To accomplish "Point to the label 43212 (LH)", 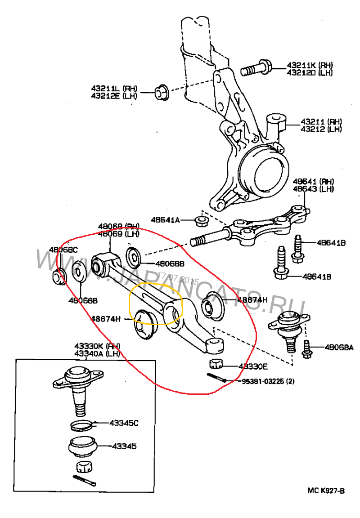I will coord(321,129).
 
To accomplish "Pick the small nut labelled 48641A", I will coord(200,220).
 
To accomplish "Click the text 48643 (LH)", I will coord(313,189).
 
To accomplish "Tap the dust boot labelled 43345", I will coord(82,447).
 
